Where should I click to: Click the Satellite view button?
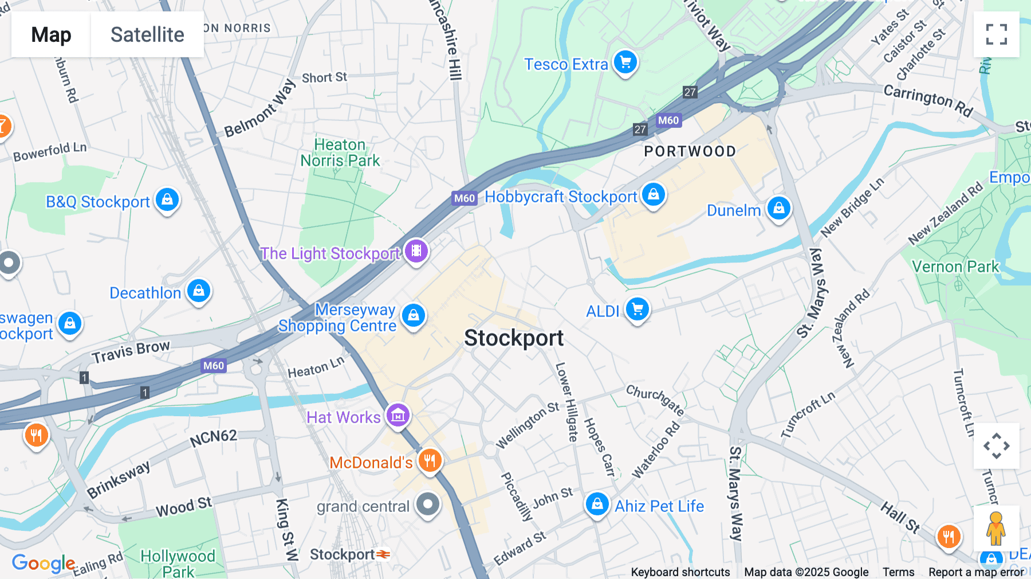[147, 34]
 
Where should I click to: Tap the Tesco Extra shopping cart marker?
[625, 62]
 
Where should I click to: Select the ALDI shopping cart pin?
[637, 310]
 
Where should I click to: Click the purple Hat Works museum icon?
[398, 415]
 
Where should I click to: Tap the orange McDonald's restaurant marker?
[430, 460]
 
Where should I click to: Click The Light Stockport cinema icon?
[416, 251]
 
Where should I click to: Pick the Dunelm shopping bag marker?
[778, 208]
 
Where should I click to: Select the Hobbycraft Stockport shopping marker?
[654, 194]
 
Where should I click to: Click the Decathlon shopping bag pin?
[199, 291]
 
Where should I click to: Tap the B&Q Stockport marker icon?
[167, 199]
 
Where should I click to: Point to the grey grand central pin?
[427, 504]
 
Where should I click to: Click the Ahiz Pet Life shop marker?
[597, 504]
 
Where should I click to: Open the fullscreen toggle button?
[996, 34]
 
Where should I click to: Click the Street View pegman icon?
[996, 528]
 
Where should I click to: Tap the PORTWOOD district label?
[690, 151]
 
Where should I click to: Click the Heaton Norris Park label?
[340, 152]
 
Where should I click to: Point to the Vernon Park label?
[955, 267]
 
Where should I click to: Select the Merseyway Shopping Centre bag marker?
[414, 315]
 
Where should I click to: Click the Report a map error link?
[976, 572]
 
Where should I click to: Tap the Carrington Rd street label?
[928, 100]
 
